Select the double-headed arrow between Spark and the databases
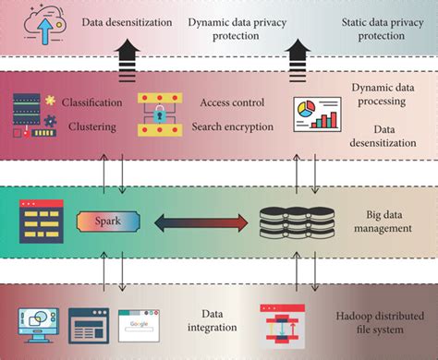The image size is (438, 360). click(x=202, y=222)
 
